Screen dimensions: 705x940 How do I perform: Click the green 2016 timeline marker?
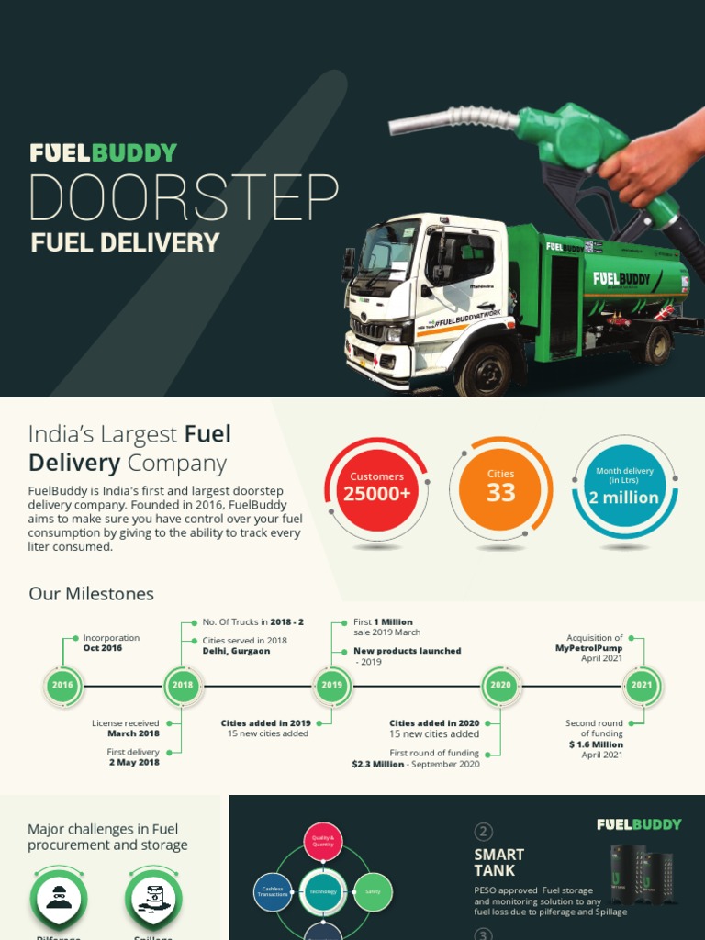pos(62,686)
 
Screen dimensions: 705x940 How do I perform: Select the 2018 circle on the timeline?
pos(183,686)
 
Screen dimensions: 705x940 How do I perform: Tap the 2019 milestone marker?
pos(331,686)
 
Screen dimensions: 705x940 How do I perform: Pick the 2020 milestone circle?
pos(500,686)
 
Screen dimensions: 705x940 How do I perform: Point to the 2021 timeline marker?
pos(642,686)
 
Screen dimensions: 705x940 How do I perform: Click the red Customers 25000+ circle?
pos(376,487)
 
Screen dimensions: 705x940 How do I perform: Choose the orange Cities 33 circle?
pos(500,487)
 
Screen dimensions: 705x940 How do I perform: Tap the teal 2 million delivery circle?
pos(624,487)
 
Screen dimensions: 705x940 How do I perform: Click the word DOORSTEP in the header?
pos(184,197)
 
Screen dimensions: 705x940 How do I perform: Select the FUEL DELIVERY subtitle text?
pos(125,243)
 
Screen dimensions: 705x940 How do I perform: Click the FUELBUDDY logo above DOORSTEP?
pos(103,153)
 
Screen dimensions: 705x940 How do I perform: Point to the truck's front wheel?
pos(483,367)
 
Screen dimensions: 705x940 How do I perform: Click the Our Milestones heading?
pos(91,594)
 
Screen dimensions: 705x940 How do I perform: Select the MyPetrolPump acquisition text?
pos(588,648)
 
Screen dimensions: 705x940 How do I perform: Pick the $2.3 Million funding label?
pos(378,764)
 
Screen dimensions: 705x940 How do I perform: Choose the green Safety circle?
pos(373,891)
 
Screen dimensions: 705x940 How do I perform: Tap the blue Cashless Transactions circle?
pos(273,891)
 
